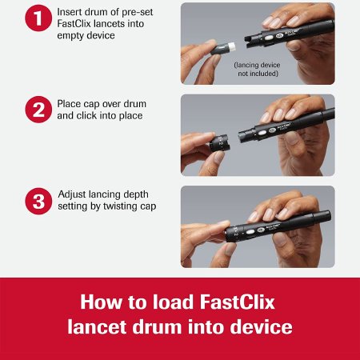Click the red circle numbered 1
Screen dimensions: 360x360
[38, 18]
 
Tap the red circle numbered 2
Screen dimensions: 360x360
[38, 110]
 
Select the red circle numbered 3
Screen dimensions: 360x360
[38, 201]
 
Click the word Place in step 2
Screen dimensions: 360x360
[69, 104]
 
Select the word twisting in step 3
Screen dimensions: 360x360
[120, 206]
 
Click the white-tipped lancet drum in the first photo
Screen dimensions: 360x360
[223, 48]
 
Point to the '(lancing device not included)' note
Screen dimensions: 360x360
[257, 69]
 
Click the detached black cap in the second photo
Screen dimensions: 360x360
[219, 143]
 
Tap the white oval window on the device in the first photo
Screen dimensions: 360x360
[268, 38]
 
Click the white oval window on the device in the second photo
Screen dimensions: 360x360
[262, 133]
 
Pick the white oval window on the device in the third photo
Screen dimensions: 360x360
[250, 232]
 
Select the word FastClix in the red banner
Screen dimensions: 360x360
[237, 302]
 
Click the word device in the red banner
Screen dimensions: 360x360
[261, 327]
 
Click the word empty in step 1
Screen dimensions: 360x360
[70, 36]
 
